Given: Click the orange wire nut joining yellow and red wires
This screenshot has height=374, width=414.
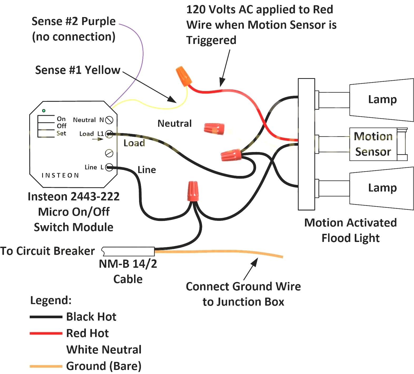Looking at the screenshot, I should click(184, 76).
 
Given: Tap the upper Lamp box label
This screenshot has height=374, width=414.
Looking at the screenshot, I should click(382, 100).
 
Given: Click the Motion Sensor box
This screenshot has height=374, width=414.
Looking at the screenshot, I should click(373, 144).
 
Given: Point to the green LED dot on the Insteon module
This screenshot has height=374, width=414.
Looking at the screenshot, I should click(44, 111).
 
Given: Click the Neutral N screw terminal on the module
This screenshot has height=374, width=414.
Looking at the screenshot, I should click(109, 120).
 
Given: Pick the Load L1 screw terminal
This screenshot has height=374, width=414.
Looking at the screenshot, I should click(109, 134).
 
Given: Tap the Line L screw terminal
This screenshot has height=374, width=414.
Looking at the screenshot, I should click(109, 167).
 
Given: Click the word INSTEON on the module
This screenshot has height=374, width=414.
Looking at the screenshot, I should click(60, 175).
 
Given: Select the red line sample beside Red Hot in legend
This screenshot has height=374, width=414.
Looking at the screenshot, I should click(46, 333).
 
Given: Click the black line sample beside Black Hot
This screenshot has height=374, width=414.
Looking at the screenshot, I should click(46, 317).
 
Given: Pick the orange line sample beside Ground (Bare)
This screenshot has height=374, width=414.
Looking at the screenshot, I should click(46, 366).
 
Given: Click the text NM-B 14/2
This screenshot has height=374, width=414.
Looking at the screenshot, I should click(128, 264).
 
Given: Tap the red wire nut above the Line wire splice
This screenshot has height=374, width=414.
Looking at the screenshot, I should click(193, 191).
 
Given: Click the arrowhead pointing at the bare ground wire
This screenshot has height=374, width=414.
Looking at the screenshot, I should click(255, 261).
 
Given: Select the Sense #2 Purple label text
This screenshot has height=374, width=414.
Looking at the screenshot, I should click(73, 21).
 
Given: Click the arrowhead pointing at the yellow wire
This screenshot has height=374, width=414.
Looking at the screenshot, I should click(173, 100).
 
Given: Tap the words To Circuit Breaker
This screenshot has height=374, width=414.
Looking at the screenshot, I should click(47, 251).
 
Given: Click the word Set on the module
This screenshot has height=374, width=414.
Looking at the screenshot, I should click(61, 133).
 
